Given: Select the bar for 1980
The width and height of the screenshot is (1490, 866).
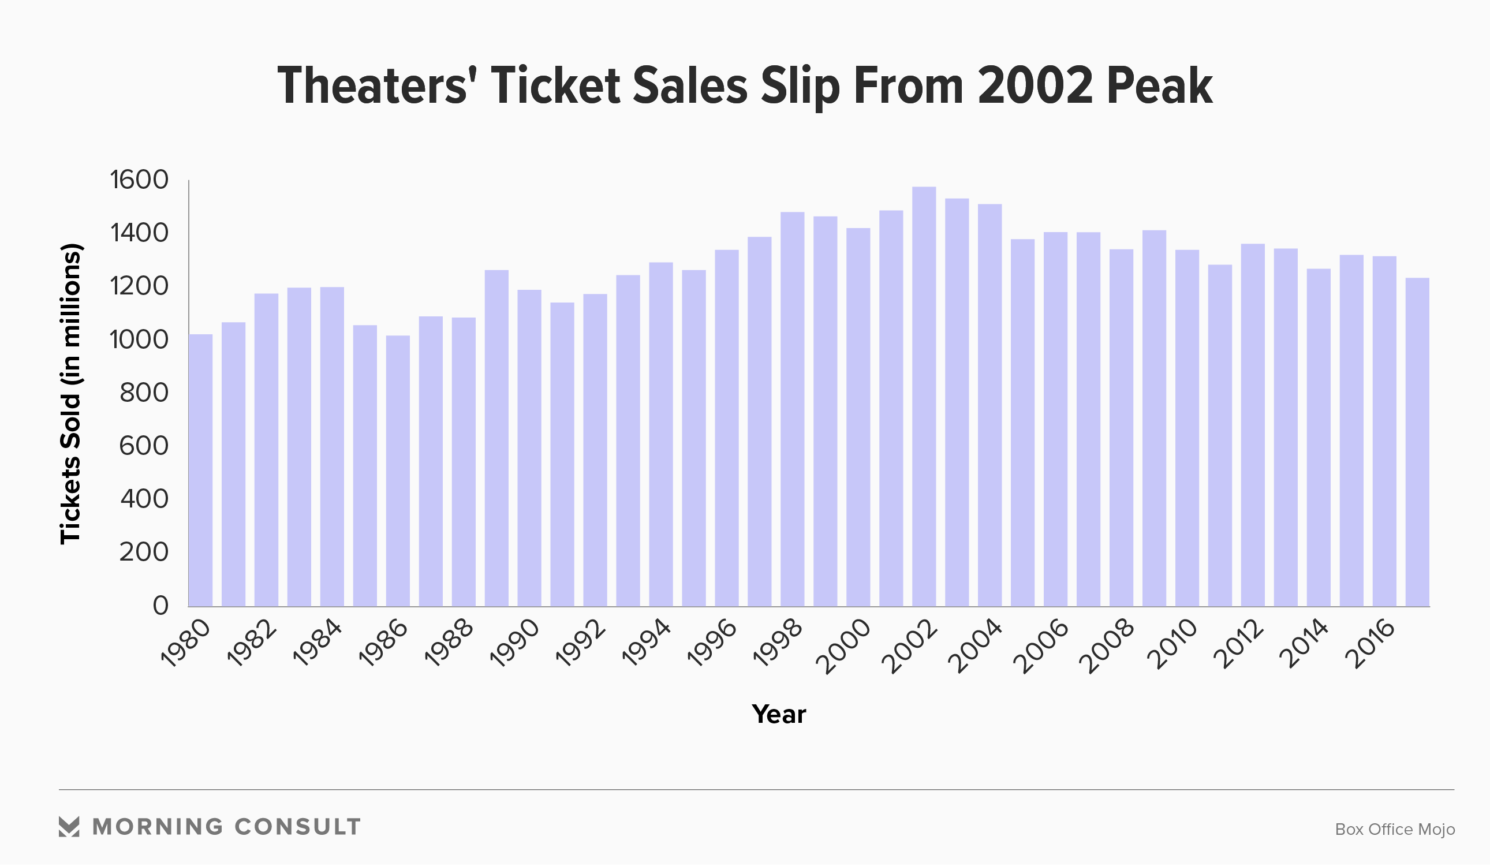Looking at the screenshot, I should click(x=200, y=471).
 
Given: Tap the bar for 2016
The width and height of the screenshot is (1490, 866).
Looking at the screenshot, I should click(x=1384, y=431).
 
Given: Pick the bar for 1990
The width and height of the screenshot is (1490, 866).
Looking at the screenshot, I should click(x=529, y=448).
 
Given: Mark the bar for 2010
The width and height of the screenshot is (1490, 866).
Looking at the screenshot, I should click(x=1187, y=428).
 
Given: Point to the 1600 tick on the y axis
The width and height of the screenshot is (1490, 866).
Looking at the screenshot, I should click(x=140, y=180).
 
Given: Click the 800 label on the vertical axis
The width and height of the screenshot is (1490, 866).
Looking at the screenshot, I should click(x=144, y=393).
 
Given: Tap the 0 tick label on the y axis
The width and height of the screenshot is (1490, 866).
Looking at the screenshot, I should click(x=161, y=605).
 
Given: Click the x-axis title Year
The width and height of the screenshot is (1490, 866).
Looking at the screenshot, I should click(x=779, y=714).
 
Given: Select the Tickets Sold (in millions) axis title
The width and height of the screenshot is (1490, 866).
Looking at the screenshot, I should click(x=70, y=393).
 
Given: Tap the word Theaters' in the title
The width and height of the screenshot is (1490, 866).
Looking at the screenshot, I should click(x=377, y=86).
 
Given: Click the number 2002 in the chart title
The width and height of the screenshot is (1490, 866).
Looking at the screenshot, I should click(x=1035, y=86).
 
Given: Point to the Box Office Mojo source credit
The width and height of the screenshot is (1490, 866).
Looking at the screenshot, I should click(x=1395, y=830).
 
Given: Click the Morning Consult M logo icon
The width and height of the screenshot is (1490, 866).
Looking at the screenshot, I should click(x=69, y=827).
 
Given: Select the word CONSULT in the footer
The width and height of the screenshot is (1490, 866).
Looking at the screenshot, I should click(x=297, y=827).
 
